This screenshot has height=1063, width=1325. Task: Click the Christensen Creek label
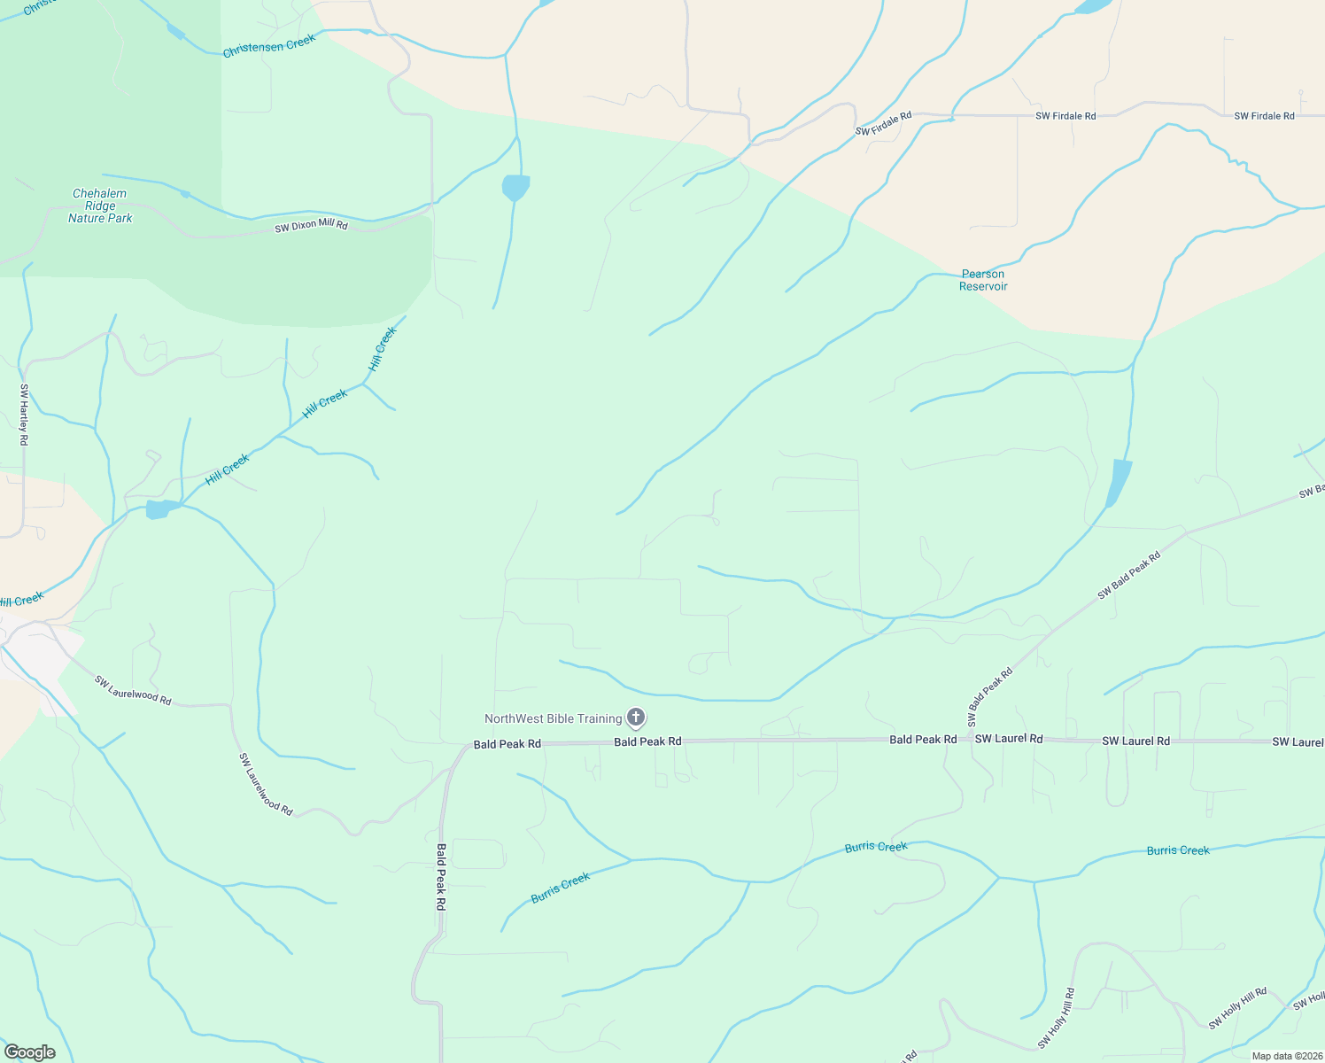(x=269, y=46)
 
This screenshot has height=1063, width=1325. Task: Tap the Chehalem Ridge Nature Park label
(x=100, y=206)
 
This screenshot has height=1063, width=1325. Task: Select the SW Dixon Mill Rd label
(x=311, y=226)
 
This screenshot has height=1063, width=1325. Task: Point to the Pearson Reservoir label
(x=983, y=280)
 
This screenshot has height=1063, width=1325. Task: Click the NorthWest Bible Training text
(x=553, y=718)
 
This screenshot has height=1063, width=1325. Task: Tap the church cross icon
(x=635, y=718)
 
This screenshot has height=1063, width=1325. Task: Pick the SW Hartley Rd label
(x=24, y=414)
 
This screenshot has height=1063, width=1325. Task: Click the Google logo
(x=29, y=1051)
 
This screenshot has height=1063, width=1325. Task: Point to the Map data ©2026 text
(x=1286, y=1056)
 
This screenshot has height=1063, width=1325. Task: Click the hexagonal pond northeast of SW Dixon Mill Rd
(x=515, y=188)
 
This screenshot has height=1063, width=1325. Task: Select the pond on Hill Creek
(x=159, y=509)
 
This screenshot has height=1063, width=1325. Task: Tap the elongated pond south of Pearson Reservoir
(x=1119, y=483)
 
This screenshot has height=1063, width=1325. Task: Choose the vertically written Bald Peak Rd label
(x=440, y=877)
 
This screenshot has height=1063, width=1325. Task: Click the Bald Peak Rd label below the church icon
(x=647, y=741)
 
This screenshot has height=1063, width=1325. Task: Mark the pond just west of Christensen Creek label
(x=175, y=32)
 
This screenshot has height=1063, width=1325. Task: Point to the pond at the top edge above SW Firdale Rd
(x=1093, y=6)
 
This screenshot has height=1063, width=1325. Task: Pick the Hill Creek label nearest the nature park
(x=383, y=349)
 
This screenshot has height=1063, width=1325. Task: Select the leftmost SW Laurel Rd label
(x=1009, y=739)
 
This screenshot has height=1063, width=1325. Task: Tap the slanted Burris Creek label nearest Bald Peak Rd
(x=560, y=888)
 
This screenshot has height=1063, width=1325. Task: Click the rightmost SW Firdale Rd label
(x=1264, y=116)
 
